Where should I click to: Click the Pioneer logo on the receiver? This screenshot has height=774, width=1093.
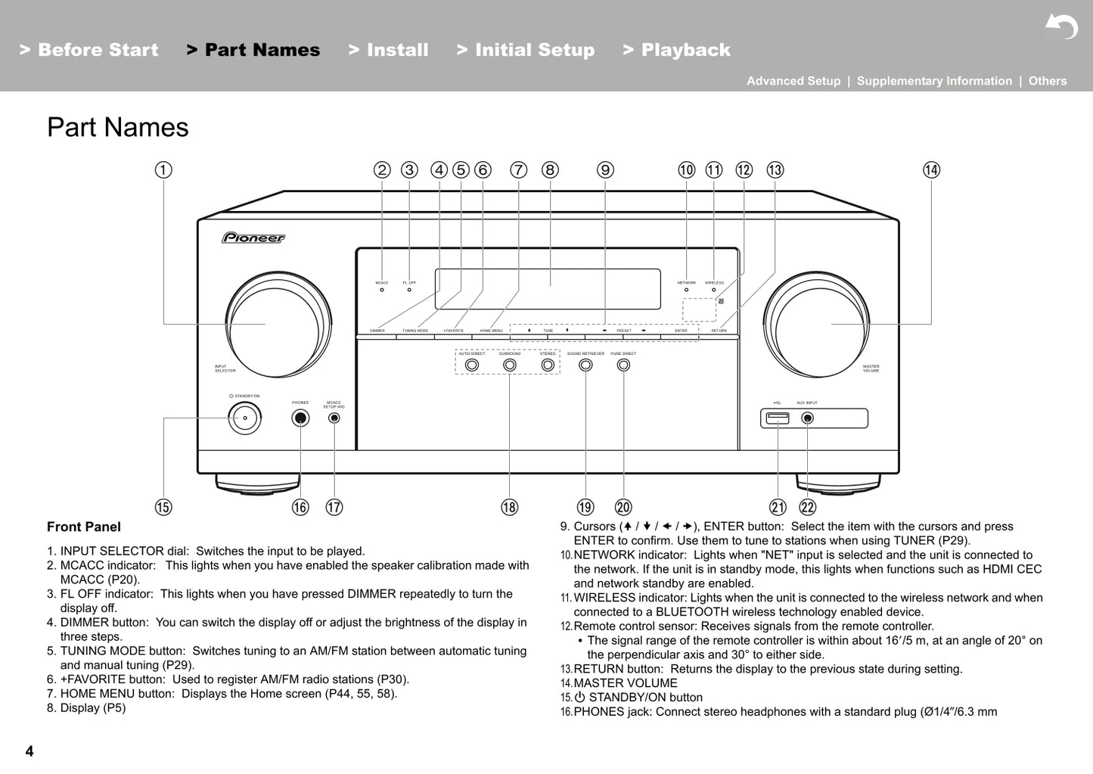pos(253,238)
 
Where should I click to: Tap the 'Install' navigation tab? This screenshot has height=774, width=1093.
pos(389,50)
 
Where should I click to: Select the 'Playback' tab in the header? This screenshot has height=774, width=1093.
pos(677,50)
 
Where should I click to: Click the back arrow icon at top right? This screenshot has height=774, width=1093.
pos(1061,27)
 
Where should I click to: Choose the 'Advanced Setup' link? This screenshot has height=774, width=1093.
pos(793,81)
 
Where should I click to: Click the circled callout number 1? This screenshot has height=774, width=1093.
pos(163,170)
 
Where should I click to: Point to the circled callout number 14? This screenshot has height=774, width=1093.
pos(931,170)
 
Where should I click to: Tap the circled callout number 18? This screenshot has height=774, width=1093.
pos(510,507)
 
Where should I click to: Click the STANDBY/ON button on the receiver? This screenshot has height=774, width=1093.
pos(245,418)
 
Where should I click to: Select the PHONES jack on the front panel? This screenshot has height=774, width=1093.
pos(300,418)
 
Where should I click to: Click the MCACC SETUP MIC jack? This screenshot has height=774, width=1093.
pos(334,418)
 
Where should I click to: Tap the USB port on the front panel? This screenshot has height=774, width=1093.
pos(778,418)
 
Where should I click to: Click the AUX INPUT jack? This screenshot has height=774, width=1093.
pos(808,418)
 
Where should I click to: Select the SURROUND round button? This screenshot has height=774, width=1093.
pos(510,365)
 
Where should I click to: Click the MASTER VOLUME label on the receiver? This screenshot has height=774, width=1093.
pos(871,368)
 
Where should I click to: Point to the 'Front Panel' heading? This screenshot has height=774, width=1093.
pos(84,527)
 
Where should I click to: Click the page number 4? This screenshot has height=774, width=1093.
pos(29,751)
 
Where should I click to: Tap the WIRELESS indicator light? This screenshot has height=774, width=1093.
pos(713,290)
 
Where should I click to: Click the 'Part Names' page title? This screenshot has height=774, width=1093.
pos(118,127)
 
